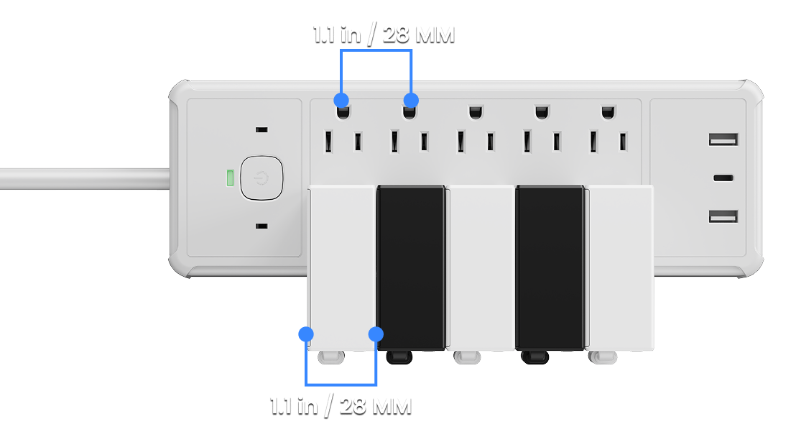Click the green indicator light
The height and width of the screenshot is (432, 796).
(230, 178)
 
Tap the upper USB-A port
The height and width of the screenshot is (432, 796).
(723, 139)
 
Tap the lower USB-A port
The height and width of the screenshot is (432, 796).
(723, 217)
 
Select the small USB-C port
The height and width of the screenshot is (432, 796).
(723, 178)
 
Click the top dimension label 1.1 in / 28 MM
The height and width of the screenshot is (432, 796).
(384, 35)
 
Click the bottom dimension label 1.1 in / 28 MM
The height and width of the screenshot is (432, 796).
(341, 406)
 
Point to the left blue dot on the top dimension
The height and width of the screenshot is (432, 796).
(342, 100)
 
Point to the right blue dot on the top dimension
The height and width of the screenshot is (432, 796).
(411, 100)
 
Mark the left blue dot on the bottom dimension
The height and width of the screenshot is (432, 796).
(306, 334)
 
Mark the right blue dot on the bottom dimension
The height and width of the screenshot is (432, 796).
(376, 334)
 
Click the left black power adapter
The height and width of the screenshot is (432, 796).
(411, 268)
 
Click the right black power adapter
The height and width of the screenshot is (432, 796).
(550, 268)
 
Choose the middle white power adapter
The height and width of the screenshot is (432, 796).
(481, 268)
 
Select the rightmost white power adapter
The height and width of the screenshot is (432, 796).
(620, 268)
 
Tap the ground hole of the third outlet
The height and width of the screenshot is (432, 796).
(476, 111)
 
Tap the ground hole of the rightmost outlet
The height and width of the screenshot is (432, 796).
(608, 111)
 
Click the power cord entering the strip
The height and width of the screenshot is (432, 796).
(85, 179)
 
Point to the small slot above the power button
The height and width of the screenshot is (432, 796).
(262, 130)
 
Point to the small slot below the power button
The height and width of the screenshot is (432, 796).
(262, 226)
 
